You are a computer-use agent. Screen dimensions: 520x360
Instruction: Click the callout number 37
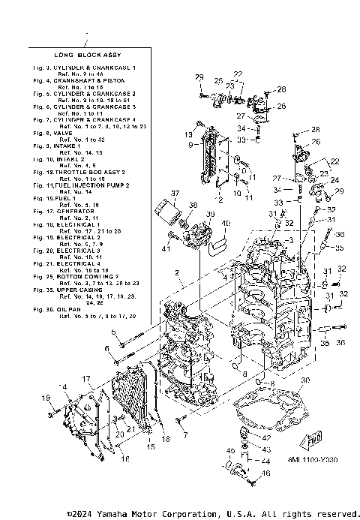point(174,194)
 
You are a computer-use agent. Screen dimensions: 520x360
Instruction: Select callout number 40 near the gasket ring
point(226,224)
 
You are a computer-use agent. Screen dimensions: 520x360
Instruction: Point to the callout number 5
point(113,332)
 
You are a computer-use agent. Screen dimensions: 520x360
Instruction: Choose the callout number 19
point(45,398)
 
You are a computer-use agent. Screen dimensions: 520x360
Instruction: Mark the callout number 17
point(86,380)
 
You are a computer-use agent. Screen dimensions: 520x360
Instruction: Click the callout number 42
point(266,437)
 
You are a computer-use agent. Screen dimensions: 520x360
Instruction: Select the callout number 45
point(231,449)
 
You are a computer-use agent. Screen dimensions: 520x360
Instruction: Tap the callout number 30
point(304,381)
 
